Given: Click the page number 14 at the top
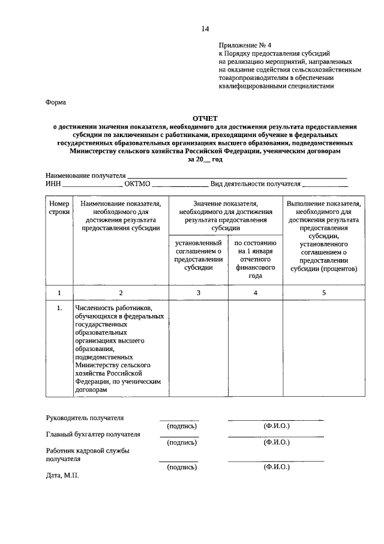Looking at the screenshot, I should pos(205,29).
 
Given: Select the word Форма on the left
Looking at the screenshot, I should pos(56,102).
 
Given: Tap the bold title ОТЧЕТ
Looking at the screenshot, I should pos(205,118).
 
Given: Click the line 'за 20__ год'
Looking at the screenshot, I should pos(205,160).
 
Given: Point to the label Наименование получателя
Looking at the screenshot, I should pos(82,175).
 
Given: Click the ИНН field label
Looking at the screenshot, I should pos(53,184).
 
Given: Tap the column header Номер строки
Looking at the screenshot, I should pos(59,207).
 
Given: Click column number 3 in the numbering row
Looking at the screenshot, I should pos(198,293).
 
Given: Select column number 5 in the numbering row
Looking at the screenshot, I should pos(323,293).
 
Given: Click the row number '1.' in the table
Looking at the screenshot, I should pos(59,308).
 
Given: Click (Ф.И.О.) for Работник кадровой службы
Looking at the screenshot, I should pos(276,466).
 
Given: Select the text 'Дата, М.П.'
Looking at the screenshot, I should pos(62,475).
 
